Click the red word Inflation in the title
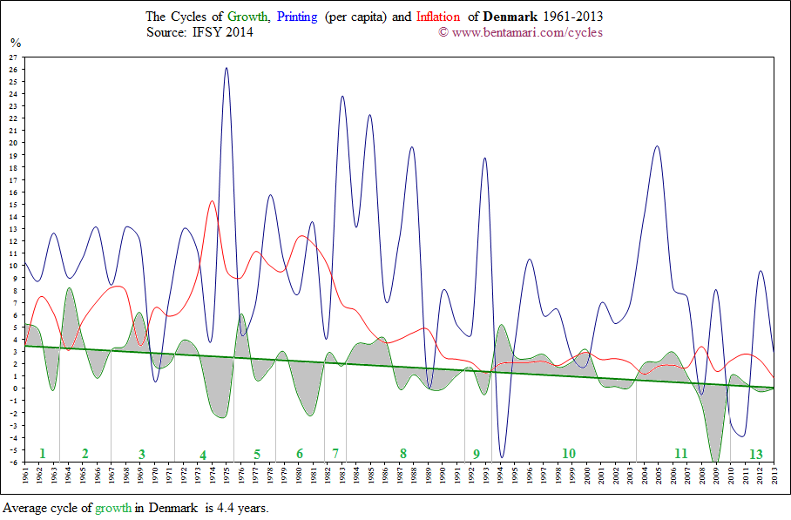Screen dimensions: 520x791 point(438,17)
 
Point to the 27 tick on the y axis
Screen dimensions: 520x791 point(13,57)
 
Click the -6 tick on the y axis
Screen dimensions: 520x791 point(13,463)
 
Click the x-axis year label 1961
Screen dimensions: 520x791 point(26,478)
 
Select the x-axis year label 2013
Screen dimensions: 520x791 point(775,478)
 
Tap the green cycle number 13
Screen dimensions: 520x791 point(755,454)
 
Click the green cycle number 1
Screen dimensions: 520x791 point(42,453)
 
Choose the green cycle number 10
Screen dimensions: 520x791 point(568,453)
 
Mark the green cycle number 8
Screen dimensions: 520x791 point(402,453)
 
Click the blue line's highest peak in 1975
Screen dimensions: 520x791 point(226,68)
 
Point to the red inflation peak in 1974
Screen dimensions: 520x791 point(212,201)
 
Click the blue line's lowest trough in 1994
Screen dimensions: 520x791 point(502,456)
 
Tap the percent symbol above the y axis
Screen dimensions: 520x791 point(15,42)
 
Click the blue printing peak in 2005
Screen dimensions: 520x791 point(657,146)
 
